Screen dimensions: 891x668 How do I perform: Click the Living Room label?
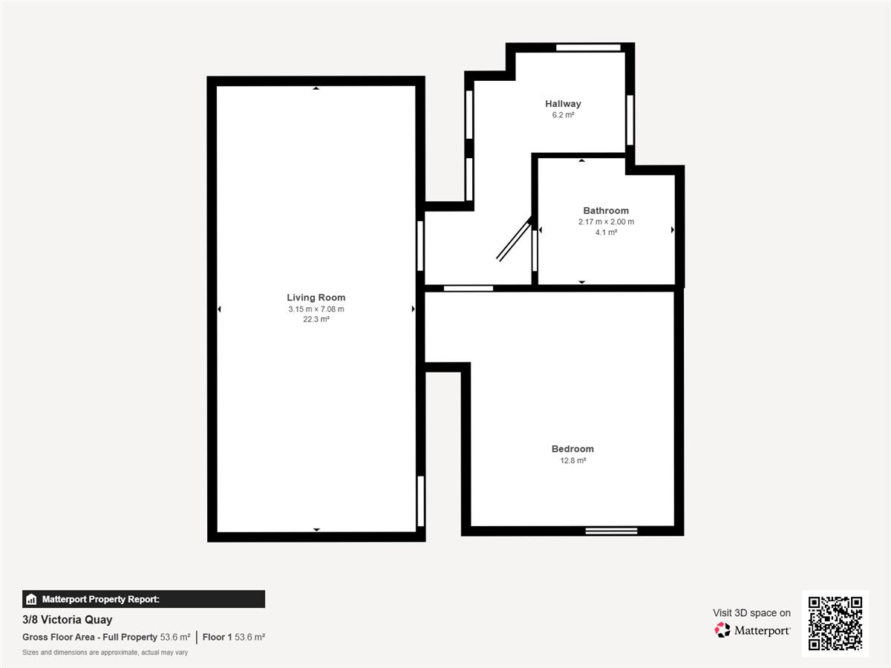click(x=316, y=298)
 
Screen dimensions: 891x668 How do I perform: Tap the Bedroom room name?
click(x=572, y=449)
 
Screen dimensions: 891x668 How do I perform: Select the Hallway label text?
click(x=563, y=104)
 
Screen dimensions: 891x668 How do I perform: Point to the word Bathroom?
click(x=606, y=211)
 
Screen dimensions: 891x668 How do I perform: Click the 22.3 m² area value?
click(x=316, y=319)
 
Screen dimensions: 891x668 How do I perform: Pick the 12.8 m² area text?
click(x=572, y=460)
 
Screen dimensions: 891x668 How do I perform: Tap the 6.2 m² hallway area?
click(x=563, y=115)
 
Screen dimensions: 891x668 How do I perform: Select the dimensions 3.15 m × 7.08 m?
click(x=316, y=309)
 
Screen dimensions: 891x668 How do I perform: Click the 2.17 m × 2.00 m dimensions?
click(x=606, y=222)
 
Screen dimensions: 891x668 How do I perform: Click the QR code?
click(x=835, y=623)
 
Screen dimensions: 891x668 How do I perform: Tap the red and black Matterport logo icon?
click(x=722, y=630)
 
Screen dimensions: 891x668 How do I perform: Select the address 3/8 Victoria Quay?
click(x=68, y=619)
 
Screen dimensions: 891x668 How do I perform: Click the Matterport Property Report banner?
click(x=144, y=599)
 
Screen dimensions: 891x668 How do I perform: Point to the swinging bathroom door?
click(x=514, y=239)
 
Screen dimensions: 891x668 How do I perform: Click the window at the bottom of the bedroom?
click(x=611, y=531)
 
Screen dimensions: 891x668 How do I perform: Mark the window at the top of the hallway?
click(x=588, y=48)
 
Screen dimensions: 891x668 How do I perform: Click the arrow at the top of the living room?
click(x=316, y=88)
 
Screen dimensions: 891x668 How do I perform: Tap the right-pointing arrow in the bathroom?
click(x=673, y=230)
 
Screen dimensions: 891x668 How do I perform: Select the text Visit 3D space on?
click(x=751, y=613)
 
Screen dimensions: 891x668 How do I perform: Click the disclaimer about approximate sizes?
click(x=105, y=652)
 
